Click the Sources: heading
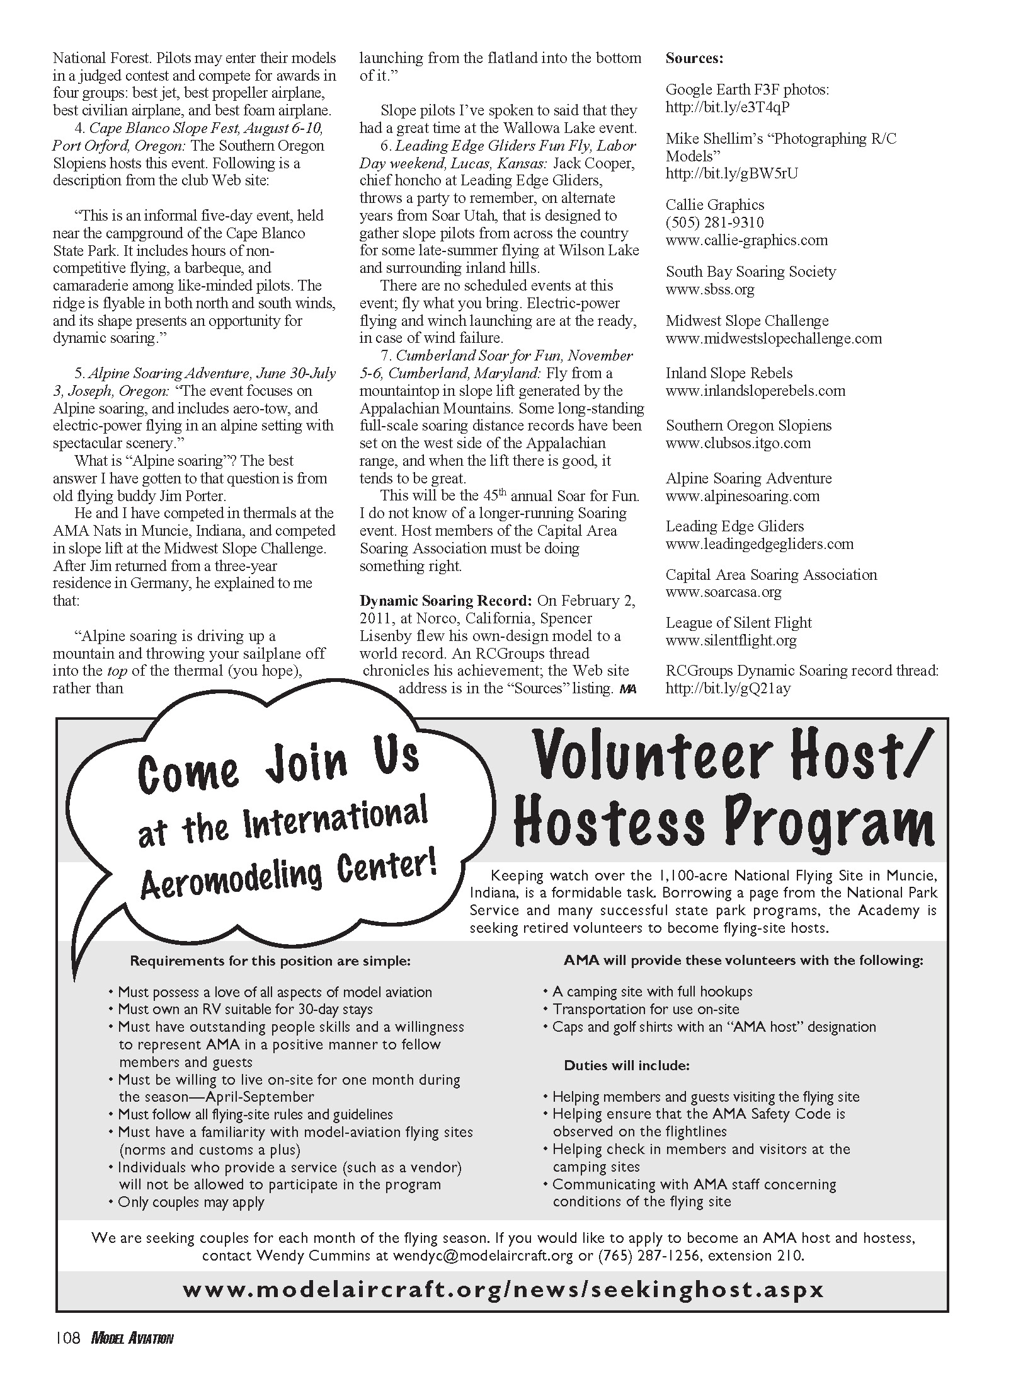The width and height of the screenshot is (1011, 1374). tap(694, 59)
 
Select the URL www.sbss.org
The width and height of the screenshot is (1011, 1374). tap(710, 290)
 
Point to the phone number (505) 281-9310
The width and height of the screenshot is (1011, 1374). tap(715, 222)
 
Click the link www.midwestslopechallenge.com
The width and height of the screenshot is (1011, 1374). tap(774, 338)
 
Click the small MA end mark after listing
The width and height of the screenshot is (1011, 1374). tap(628, 690)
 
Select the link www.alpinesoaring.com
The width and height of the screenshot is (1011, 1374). tap(743, 496)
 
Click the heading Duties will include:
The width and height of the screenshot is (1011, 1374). tap(627, 1065)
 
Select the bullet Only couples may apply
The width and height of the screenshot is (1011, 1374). tap(191, 1202)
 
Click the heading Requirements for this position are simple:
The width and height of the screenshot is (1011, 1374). tap(270, 961)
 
